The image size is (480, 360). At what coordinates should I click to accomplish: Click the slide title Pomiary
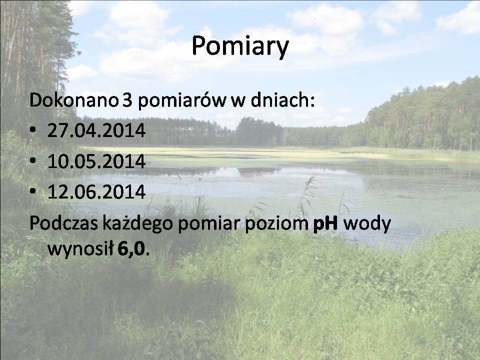[x=240, y=46]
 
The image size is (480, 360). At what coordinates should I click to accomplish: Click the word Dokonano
[x=74, y=100]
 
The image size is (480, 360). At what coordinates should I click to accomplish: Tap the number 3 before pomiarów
[x=127, y=100]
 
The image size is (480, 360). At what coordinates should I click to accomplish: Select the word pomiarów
[x=182, y=101]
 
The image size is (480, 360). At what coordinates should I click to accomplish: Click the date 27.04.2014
[x=96, y=130]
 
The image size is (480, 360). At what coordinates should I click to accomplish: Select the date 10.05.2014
[x=96, y=161]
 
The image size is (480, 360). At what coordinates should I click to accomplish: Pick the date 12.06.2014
[x=96, y=192]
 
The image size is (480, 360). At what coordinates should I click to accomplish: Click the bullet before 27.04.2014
[x=33, y=129]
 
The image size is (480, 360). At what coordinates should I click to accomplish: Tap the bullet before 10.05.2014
[x=33, y=160]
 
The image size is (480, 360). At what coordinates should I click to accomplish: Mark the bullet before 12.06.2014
[x=33, y=191]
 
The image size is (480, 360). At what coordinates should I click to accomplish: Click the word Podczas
[x=63, y=223]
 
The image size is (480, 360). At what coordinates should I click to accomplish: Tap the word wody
[x=367, y=224]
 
